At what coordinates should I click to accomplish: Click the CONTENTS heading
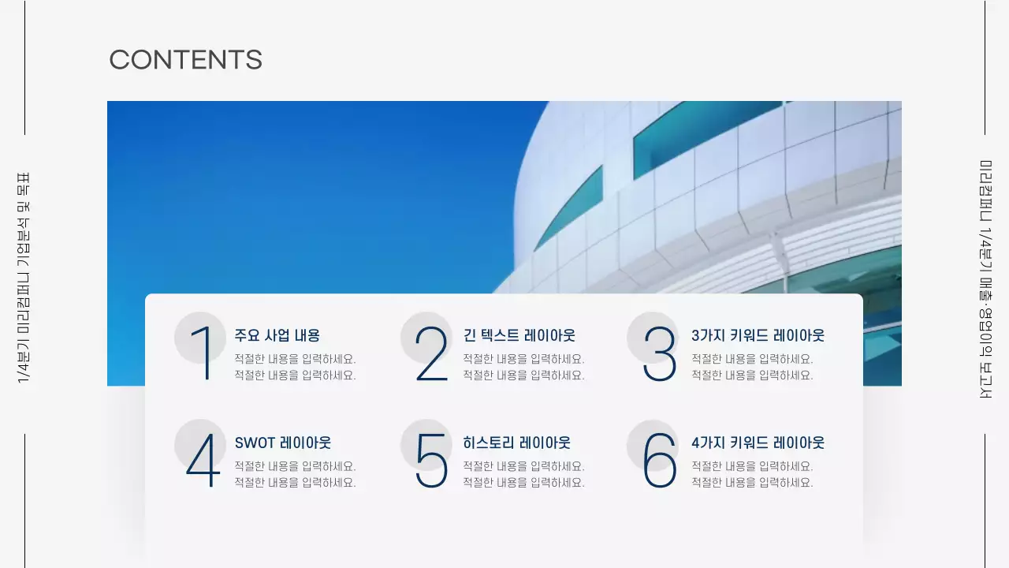coord(185,60)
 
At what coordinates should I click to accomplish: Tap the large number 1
coord(203,353)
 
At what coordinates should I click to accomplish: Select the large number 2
coord(431,354)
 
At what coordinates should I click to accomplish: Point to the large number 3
coord(660,354)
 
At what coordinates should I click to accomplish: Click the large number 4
coord(203,461)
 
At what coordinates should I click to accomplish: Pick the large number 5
coord(431,461)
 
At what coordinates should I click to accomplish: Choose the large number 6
coord(660,461)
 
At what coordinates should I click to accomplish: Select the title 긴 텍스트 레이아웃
coord(519,335)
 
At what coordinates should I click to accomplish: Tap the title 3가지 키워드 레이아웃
coord(758,335)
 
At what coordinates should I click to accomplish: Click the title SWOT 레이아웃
coord(282,443)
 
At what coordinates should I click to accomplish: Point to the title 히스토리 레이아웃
coord(516,443)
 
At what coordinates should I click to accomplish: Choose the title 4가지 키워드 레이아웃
coord(758,443)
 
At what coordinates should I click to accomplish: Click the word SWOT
coord(255,443)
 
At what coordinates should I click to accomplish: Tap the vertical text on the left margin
coord(24,278)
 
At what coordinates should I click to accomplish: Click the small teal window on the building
coord(569,207)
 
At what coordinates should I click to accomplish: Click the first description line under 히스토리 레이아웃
coord(523,466)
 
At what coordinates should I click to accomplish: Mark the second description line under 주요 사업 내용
coord(295,376)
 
